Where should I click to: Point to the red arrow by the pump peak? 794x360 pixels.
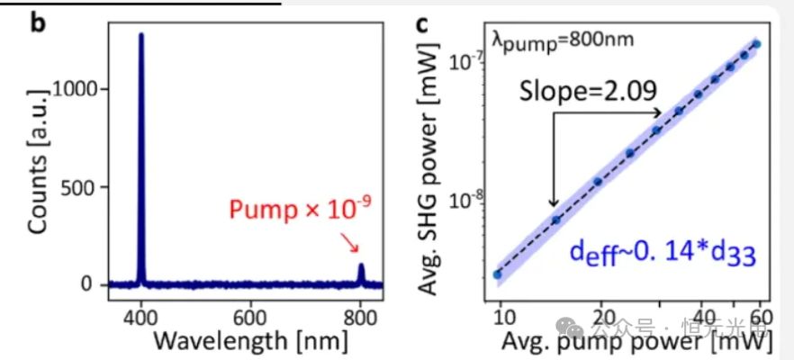350,243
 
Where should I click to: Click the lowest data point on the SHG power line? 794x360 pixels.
498,274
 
